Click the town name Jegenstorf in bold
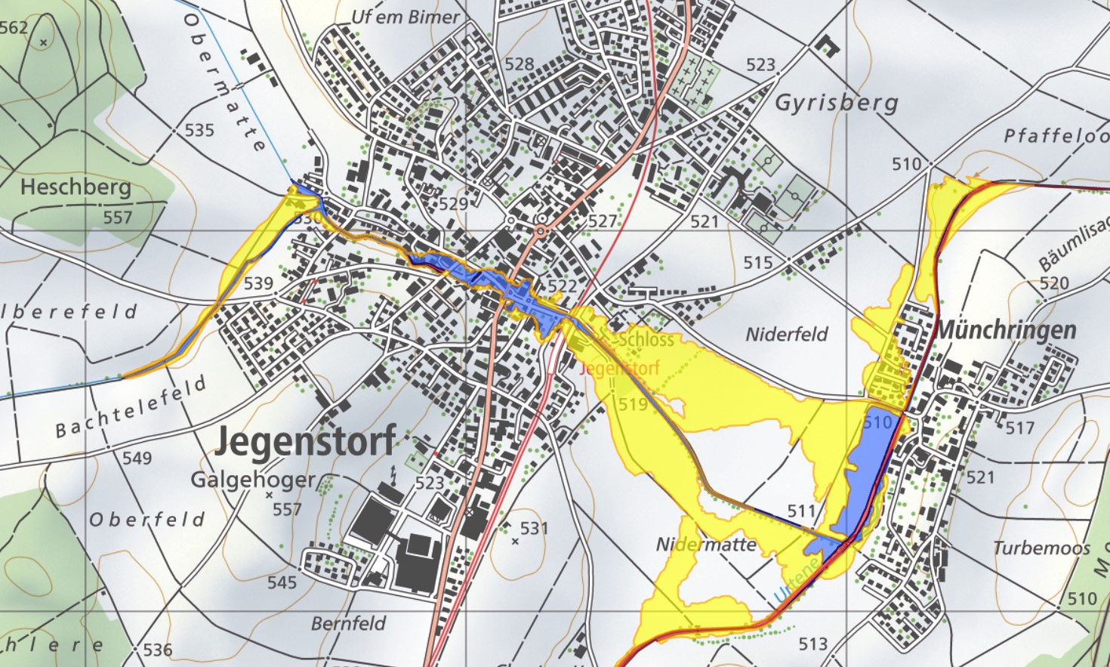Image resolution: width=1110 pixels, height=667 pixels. (x=305, y=440)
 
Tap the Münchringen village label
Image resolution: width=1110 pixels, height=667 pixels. (x=1006, y=330)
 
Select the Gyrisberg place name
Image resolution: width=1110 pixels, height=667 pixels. (x=837, y=102)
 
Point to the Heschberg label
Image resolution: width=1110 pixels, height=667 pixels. (x=76, y=187)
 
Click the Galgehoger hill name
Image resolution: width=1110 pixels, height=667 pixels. (x=253, y=480)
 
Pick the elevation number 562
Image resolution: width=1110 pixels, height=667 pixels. (x=14, y=28)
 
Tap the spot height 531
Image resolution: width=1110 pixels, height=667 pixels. (x=533, y=528)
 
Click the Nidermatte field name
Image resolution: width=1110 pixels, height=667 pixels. (x=706, y=545)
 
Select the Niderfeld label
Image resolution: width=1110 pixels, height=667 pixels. (x=787, y=334)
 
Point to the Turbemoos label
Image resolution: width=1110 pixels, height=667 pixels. (x=1041, y=548)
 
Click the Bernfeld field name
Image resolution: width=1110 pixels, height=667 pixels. (x=348, y=623)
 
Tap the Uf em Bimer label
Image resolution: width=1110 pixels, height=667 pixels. (x=405, y=17)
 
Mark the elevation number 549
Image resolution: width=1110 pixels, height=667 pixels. (x=137, y=458)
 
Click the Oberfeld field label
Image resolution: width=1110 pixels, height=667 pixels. (x=147, y=520)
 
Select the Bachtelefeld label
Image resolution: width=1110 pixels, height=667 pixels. (x=131, y=408)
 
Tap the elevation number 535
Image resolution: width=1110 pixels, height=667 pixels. (x=199, y=130)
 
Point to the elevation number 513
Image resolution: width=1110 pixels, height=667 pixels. (x=812, y=644)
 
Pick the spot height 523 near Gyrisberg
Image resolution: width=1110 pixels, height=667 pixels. (x=760, y=65)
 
